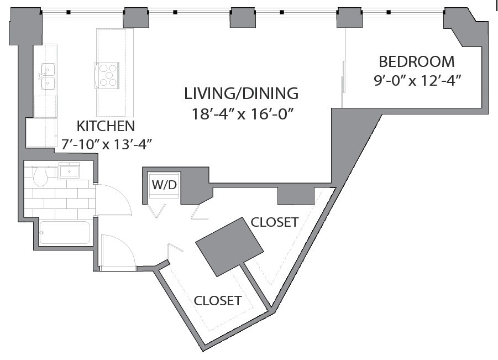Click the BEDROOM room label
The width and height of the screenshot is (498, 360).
(x=417, y=61)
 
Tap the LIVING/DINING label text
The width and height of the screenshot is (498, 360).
(x=242, y=93)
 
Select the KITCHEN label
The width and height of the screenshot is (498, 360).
(x=106, y=126)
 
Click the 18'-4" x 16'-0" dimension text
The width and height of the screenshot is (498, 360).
(x=242, y=114)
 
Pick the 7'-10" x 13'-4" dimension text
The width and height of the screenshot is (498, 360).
(x=106, y=144)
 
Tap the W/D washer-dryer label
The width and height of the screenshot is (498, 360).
(x=164, y=185)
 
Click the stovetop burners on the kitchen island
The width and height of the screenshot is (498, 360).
(x=107, y=75)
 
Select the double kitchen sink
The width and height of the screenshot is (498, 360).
(x=48, y=76)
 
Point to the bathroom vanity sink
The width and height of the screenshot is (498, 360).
(x=69, y=171)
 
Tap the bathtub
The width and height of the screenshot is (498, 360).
(x=65, y=233)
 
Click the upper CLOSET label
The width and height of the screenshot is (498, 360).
(x=275, y=222)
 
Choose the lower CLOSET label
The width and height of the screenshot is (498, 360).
(x=218, y=300)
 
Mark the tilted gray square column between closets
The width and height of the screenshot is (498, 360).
(x=229, y=247)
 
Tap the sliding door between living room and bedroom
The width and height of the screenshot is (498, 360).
(x=343, y=76)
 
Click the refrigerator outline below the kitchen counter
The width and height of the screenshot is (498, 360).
(x=41, y=133)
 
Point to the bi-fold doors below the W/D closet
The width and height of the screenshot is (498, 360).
(x=179, y=212)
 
